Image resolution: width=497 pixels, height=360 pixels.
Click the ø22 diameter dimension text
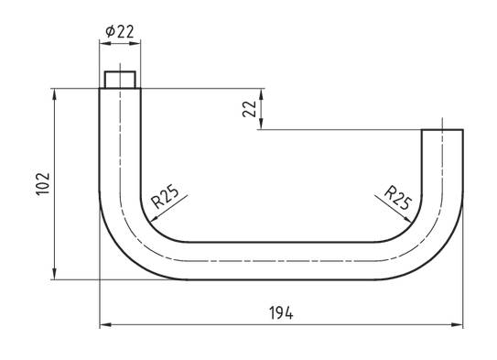[x=120, y=31]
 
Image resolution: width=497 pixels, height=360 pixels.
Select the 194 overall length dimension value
[x=280, y=313]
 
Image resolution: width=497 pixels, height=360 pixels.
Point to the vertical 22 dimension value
[x=249, y=109]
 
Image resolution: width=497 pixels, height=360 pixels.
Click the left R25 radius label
[x=165, y=198]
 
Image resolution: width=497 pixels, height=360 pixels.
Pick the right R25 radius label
[x=398, y=198]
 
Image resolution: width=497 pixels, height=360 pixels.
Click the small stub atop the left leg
[x=120, y=79]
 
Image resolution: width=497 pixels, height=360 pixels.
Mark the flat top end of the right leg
[x=442, y=130]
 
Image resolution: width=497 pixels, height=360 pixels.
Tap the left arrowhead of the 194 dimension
[x=104, y=324]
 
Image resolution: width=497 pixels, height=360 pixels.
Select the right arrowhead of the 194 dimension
[x=458, y=324]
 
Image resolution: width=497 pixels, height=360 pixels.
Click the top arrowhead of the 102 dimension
[x=55, y=93]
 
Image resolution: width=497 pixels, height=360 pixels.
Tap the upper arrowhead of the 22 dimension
[x=262, y=93]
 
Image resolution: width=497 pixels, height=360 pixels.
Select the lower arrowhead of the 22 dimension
[x=262, y=125]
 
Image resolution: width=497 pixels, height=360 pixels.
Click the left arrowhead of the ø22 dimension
[x=104, y=42]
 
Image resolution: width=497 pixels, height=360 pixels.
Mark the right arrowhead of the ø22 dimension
[x=135, y=42]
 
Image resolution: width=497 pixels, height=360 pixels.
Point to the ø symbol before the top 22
[x=110, y=31]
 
